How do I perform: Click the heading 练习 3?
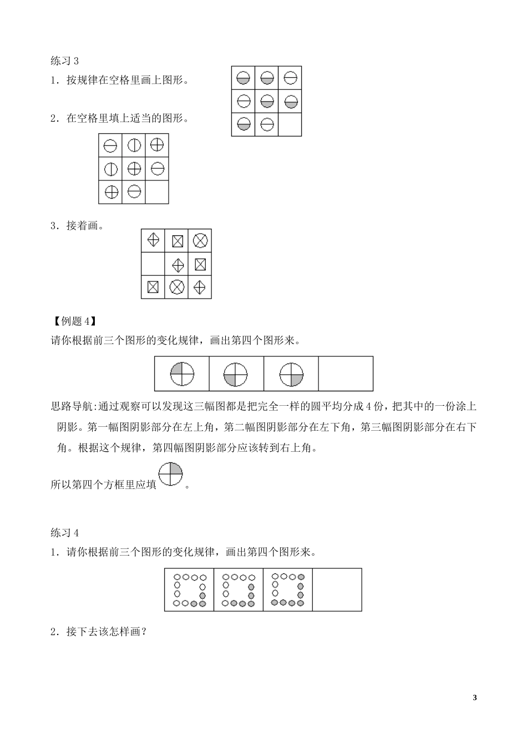click(65, 61)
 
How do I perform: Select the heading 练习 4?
click(65, 533)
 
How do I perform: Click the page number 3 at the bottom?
click(474, 698)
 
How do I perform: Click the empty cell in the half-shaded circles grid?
click(290, 124)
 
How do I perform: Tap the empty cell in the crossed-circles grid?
click(157, 192)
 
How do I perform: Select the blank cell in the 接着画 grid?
click(153, 264)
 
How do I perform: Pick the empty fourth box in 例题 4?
click(346, 374)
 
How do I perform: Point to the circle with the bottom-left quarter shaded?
click(236, 374)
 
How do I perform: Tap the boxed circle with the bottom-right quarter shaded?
click(291, 374)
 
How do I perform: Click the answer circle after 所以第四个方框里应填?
click(171, 475)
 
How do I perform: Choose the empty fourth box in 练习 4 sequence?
click(337, 589)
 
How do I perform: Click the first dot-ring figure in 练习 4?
click(190, 589)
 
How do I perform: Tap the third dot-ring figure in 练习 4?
click(288, 589)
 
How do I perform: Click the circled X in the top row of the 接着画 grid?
click(200, 240)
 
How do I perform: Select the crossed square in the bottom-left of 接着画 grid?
click(153, 287)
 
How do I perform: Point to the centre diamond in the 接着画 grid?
click(177, 264)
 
